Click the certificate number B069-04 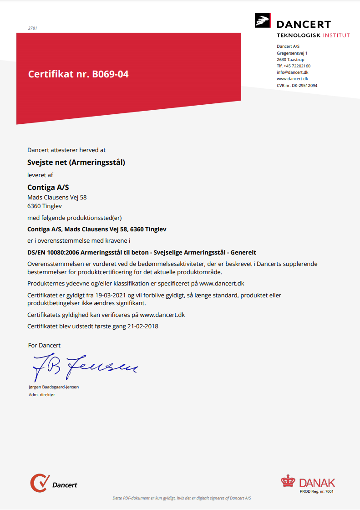110,74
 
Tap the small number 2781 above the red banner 32,28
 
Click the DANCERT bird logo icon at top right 263,21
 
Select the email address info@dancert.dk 293,72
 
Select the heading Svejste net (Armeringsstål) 76,162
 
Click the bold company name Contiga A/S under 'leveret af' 48,187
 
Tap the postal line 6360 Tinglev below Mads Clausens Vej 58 45,206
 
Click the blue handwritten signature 84,366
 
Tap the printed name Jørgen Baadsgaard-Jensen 54,387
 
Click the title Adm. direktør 42,395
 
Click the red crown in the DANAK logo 288,481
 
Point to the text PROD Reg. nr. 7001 317,491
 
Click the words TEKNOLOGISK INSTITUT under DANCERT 313,35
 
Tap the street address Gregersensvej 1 292,53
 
